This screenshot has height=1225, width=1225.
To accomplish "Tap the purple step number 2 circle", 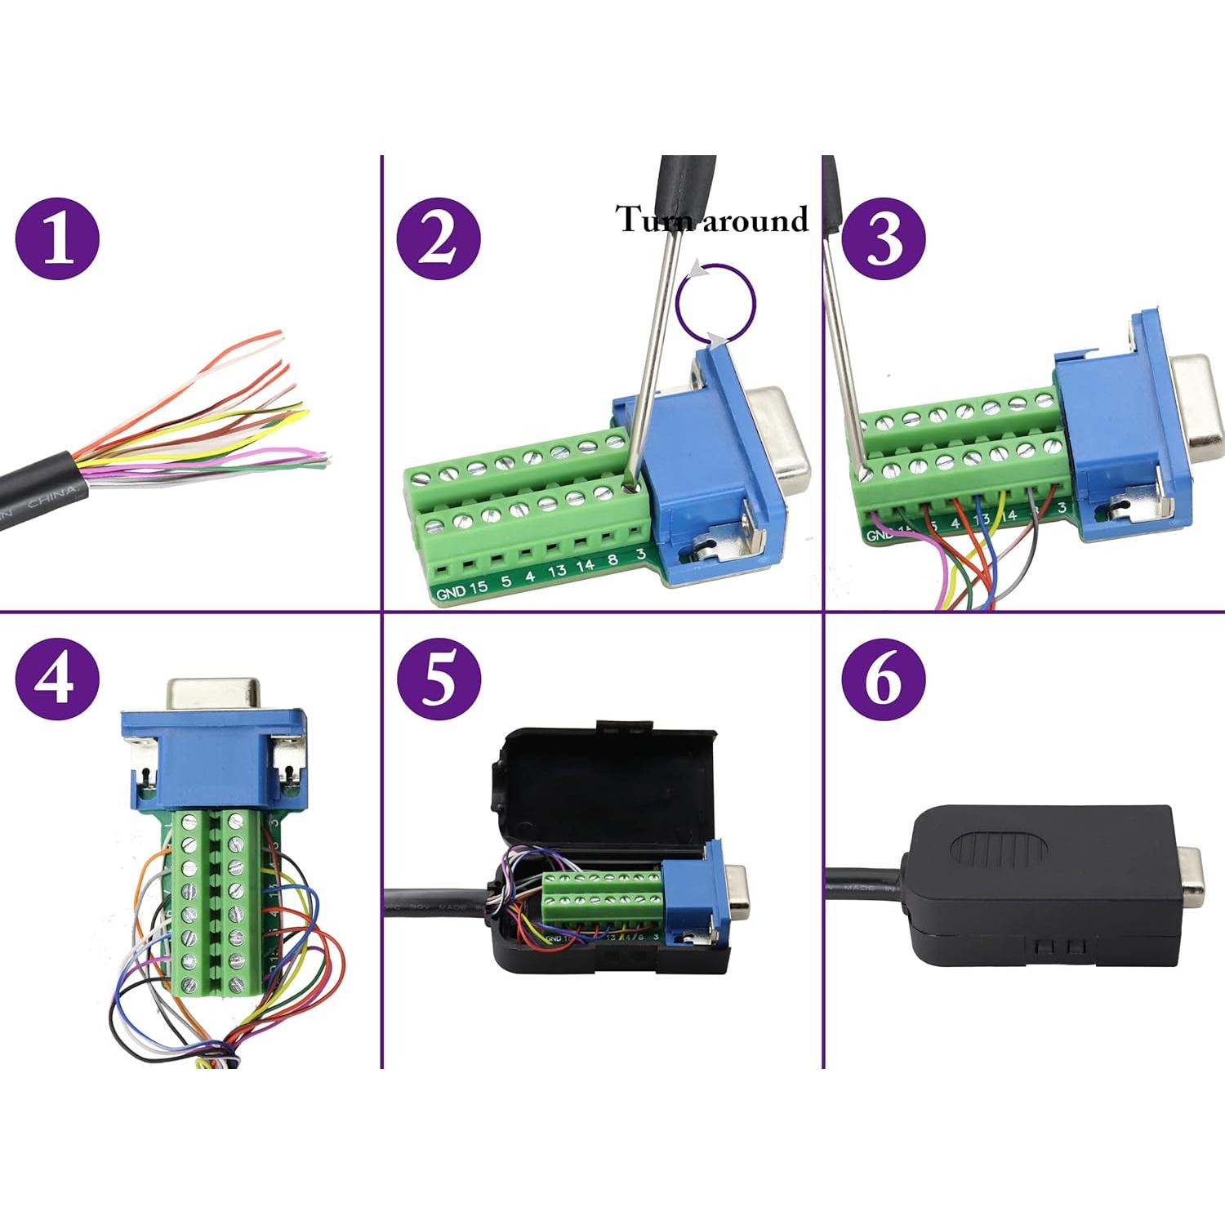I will (x=439, y=238).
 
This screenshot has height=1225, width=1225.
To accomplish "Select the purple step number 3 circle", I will (x=883, y=238).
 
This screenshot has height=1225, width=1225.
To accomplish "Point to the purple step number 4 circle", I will (x=57, y=678).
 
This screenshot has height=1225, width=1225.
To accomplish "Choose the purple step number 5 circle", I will (x=439, y=678).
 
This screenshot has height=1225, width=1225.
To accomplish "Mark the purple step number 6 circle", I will (x=883, y=678).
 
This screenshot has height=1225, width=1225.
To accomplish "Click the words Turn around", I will (x=711, y=219).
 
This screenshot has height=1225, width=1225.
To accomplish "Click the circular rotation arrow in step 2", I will (x=715, y=303).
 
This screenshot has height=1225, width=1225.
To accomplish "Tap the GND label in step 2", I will (x=450, y=592).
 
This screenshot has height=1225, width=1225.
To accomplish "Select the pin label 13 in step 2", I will (x=557, y=570).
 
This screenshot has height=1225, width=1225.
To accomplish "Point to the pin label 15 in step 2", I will (x=478, y=586).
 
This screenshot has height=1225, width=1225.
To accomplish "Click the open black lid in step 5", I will (x=604, y=784).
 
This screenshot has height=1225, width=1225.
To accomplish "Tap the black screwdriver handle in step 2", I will (x=688, y=188).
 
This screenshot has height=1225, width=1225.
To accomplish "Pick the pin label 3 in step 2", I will (x=641, y=554).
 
